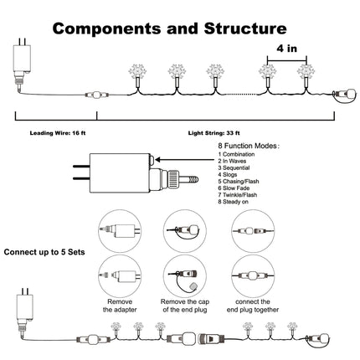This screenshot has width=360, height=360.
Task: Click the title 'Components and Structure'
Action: tap(170, 28)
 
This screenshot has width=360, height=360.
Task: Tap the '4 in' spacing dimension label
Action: tap(286, 49)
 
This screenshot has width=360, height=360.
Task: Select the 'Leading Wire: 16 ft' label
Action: tap(58, 133)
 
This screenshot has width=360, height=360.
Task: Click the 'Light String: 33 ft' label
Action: tap(213, 133)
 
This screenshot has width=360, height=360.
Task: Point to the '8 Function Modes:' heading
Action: tap(249, 146)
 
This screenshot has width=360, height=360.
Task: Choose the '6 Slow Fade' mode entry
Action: tap(234, 188)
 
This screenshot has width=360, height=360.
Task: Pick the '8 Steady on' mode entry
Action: tap(234, 202)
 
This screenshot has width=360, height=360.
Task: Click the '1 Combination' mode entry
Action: tap(236, 154)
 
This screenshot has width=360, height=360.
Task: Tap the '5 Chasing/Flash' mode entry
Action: tap(239, 182)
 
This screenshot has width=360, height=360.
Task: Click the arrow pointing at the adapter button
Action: tap(185, 160)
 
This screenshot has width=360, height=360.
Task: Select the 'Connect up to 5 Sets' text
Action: tap(44, 252)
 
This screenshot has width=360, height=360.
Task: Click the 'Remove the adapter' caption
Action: tap(120, 306)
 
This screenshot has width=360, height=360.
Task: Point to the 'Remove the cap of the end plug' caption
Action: tap(185, 306)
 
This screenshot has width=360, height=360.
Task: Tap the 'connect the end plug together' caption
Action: tap(253, 306)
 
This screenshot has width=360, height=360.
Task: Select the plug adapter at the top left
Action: tap(22, 63)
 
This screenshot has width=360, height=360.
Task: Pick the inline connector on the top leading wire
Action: tap(96, 95)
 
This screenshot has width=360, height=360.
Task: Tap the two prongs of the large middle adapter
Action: tap(81, 172)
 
